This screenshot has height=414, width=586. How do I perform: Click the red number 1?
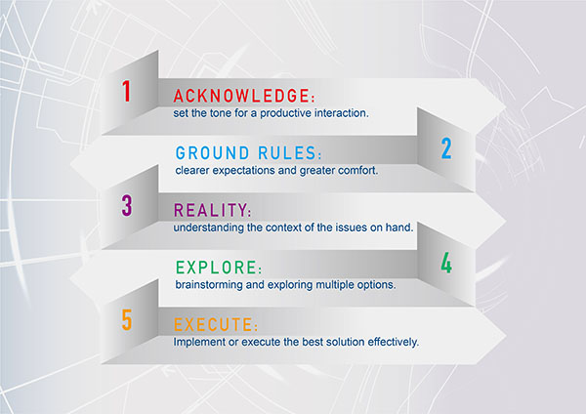(x=126, y=91)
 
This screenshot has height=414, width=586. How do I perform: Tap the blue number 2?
(x=446, y=148)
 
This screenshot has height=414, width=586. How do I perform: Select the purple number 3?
(x=127, y=205)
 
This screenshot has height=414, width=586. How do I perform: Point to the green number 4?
(x=446, y=263)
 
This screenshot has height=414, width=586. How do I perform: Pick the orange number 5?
(x=127, y=320)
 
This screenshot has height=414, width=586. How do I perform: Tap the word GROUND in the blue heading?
(x=212, y=153)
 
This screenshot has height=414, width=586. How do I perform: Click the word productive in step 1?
(x=285, y=113)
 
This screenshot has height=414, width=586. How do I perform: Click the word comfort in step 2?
(x=357, y=170)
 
